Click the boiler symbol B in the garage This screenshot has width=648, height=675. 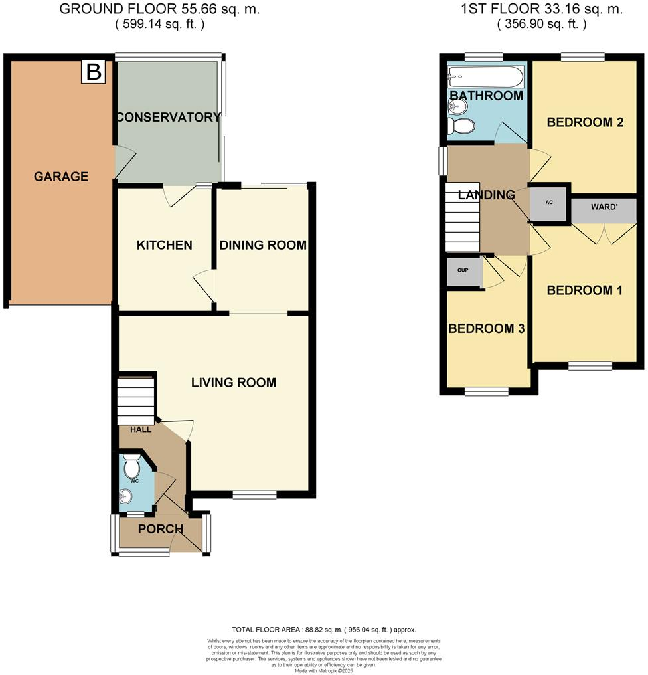click(x=94, y=72)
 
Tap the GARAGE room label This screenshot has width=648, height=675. click(x=61, y=177)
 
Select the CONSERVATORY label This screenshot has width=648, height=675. click(x=168, y=118)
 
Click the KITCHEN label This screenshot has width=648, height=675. click(x=164, y=245)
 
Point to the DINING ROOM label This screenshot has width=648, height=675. click(x=263, y=245)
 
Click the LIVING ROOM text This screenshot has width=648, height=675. click(x=233, y=383)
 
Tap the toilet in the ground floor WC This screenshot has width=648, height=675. click(x=131, y=460)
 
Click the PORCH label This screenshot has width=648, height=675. click(x=161, y=530)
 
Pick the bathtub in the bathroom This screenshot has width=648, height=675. click(x=486, y=78)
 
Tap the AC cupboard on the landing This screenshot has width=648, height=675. click(x=549, y=202)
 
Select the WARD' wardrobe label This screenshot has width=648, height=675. click(x=604, y=207)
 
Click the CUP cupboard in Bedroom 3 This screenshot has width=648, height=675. click(x=463, y=272)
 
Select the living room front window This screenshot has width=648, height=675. click(x=254, y=494)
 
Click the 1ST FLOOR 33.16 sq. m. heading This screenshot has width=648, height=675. click(x=540, y=9)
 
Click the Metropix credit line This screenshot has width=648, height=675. click(x=323, y=670)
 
